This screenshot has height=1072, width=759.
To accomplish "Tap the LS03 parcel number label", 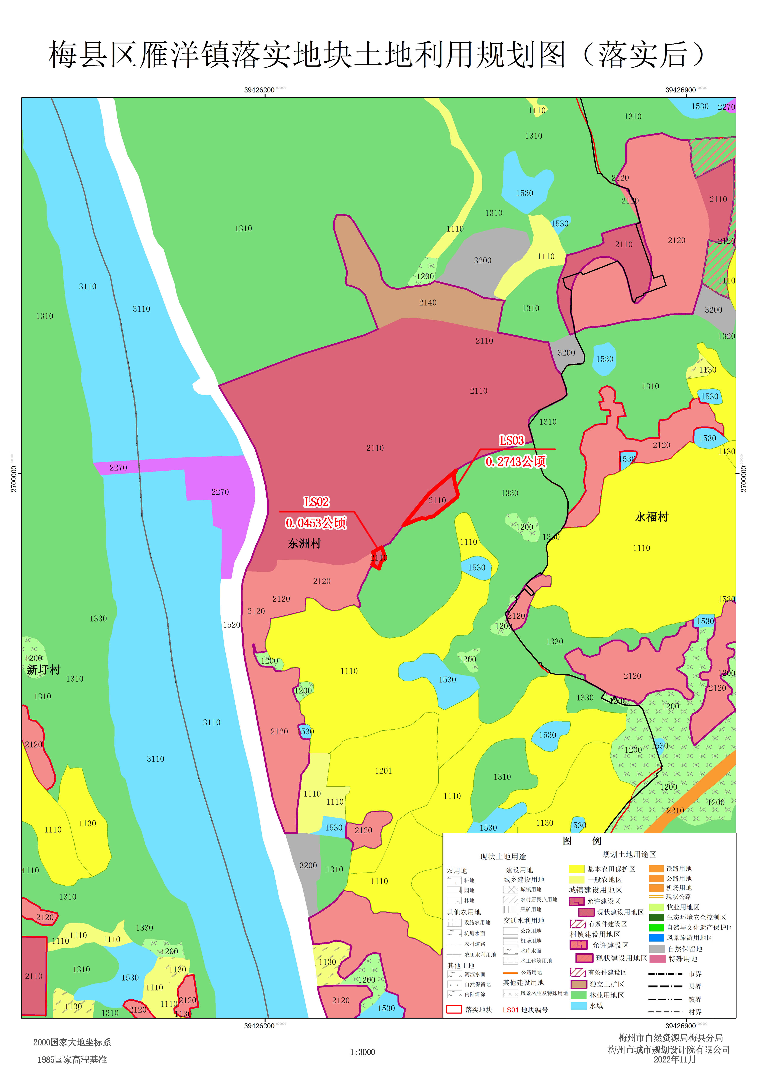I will (x=512, y=441).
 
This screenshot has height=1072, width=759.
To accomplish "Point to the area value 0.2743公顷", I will (x=515, y=462).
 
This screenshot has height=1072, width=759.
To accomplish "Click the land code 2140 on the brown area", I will (x=428, y=303).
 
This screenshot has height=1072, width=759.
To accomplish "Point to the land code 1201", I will (x=383, y=771).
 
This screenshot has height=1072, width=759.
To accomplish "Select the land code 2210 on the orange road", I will (x=675, y=810).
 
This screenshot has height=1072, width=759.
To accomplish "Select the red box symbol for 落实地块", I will (x=454, y=1009).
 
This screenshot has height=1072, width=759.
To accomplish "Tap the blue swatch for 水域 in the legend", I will (x=579, y=1006).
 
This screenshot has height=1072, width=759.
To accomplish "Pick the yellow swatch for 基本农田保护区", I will (x=576, y=869).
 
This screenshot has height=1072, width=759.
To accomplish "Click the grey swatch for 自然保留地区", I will (x=657, y=949).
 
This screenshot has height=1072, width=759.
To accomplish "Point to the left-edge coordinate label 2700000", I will (x=14, y=479).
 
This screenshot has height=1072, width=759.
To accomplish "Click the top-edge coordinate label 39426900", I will (x=680, y=90).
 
